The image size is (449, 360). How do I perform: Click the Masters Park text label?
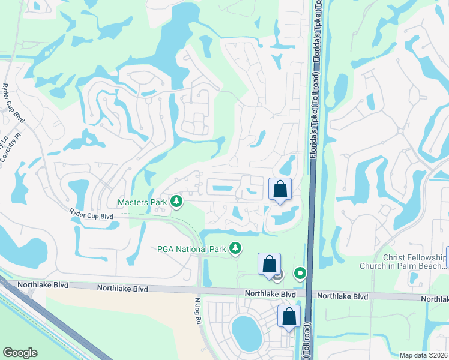[x=142, y=202]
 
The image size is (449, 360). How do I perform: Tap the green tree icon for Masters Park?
[x=176, y=202]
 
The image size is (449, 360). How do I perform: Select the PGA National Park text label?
[x=191, y=248]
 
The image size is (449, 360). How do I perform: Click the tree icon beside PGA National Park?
[x=237, y=248]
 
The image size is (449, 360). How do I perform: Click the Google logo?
[x=20, y=352]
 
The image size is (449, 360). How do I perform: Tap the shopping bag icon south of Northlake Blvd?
[x=289, y=316]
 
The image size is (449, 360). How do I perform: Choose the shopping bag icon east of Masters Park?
[x=280, y=190]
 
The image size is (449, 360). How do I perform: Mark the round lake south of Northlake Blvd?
[x=245, y=332]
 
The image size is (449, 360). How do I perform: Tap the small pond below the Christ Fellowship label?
[x=414, y=277]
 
